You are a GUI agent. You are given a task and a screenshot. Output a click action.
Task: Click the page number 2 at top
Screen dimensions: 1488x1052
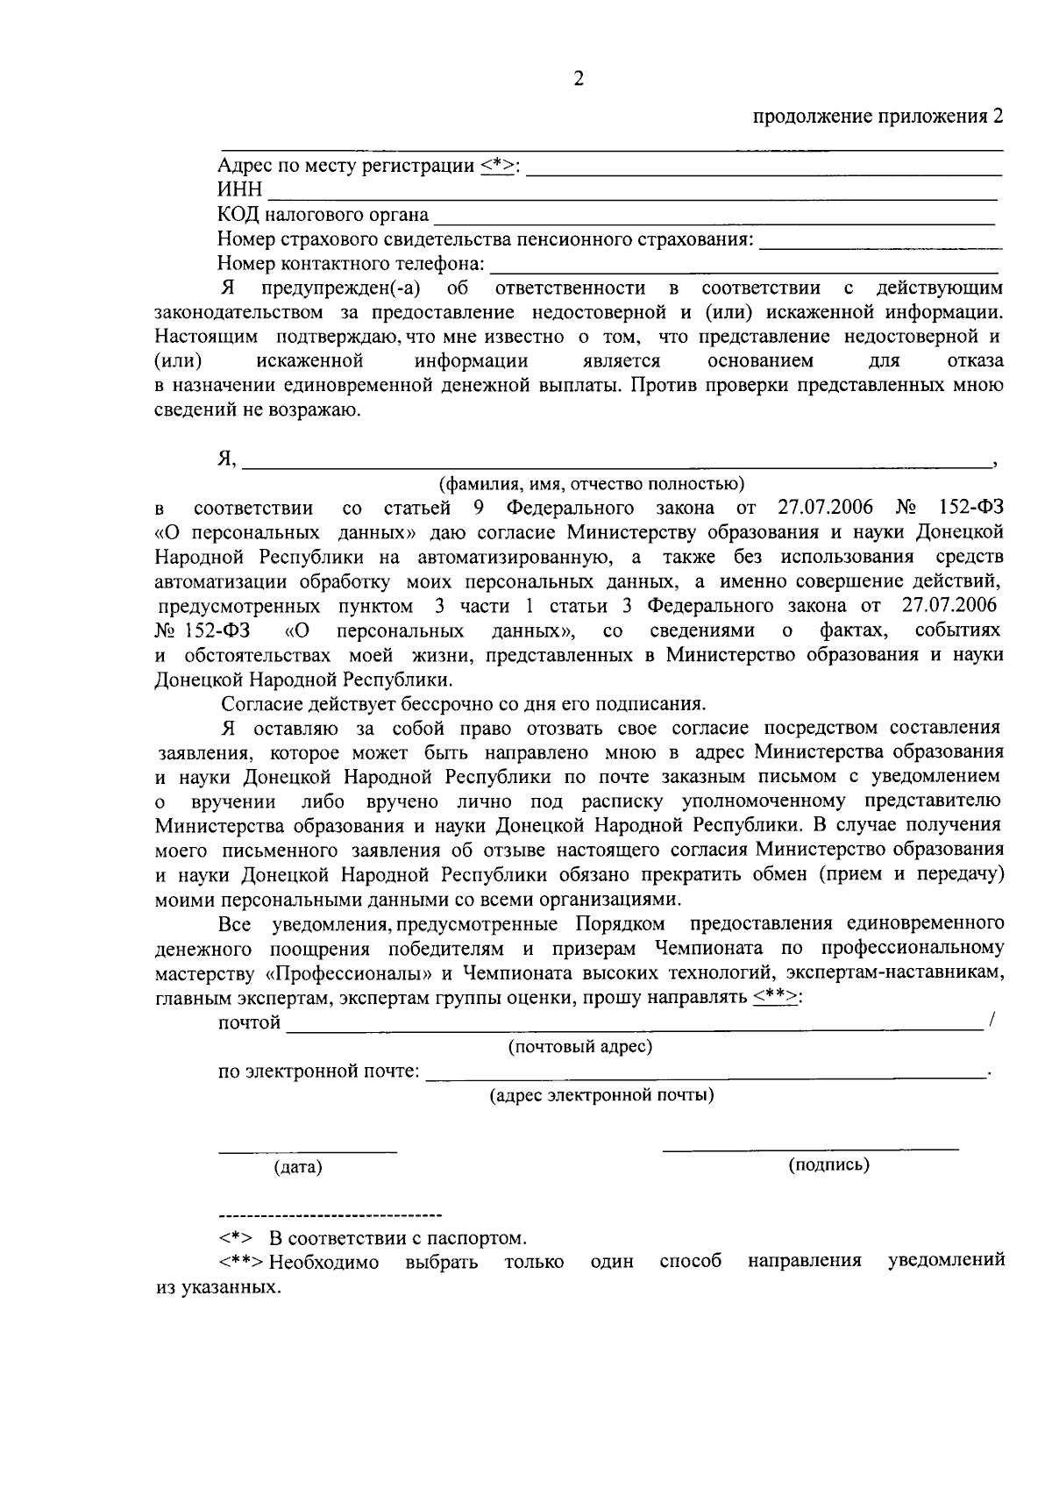click(x=578, y=80)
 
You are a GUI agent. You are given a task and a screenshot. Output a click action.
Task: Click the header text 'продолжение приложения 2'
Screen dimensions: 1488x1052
click(x=877, y=117)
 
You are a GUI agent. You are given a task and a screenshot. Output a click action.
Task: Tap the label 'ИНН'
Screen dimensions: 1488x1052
click(x=239, y=190)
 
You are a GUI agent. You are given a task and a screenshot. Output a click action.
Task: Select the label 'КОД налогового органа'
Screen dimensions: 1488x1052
click(x=323, y=215)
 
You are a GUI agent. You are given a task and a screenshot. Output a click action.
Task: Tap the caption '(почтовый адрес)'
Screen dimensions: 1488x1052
click(x=580, y=1046)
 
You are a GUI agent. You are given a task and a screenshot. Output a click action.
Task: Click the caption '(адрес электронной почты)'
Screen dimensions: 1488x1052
click(x=601, y=1094)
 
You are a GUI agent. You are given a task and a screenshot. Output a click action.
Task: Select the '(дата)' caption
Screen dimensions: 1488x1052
click(x=298, y=1167)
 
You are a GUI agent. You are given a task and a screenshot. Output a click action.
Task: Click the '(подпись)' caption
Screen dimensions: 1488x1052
click(x=828, y=1164)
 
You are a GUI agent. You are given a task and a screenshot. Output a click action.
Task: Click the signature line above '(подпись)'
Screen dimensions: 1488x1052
click(x=810, y=1148)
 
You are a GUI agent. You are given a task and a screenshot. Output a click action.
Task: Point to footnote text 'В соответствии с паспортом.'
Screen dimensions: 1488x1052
click(x=398, y=1238)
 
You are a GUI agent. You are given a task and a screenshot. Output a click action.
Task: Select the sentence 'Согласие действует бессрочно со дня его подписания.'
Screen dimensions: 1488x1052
click(x=463, y=703)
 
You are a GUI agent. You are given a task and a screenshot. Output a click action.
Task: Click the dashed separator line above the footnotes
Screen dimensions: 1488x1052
click(x=330, y=1215)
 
